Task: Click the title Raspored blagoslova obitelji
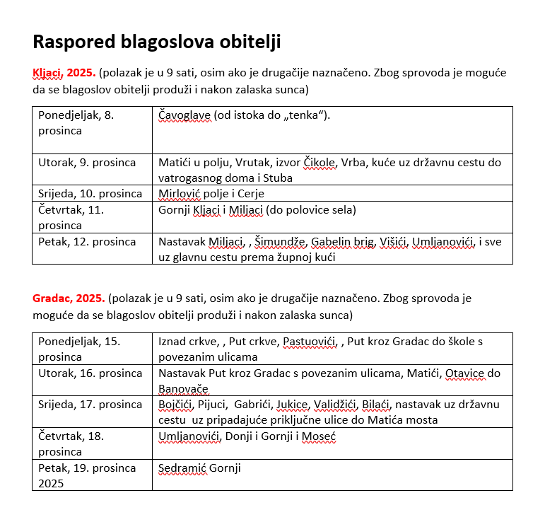(x=157, y=42)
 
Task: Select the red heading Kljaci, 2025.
(x=64, y=73)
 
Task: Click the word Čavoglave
(x=184, y=115)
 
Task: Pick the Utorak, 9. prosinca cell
(x=87, y=162)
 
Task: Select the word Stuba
(x=278, y=178)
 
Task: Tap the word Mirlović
(x=181, y=193)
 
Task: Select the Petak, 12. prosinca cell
(x=87, y=241)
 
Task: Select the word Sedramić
(x=182, y=468)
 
